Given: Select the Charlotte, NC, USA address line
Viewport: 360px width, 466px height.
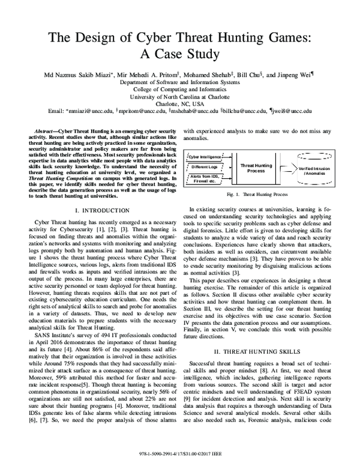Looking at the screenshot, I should [x=179, y=104].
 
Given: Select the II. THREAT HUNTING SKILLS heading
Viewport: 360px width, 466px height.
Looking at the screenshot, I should [x=259, y=350].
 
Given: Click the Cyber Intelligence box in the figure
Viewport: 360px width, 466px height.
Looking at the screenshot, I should [x=206, y=156].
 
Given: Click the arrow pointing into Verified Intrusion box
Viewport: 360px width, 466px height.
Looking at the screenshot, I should [x=287, y=166].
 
